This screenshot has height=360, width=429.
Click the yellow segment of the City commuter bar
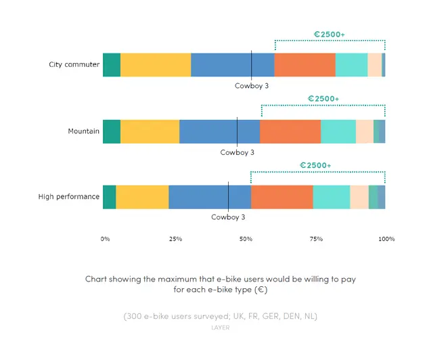[x=156, y=65]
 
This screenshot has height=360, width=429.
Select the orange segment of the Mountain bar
[x=290, y=131]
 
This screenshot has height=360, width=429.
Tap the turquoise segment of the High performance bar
[x=332, y=197]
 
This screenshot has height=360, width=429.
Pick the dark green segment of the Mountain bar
[x=112, y=131]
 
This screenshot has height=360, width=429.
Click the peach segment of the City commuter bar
[x=375, y=65]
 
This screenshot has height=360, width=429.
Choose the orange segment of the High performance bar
[x=282, y=197]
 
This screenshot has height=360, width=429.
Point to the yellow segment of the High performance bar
[x=142, y=197]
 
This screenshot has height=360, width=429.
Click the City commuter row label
[x=74, y=64]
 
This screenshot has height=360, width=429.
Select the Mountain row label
[x=83, y=131]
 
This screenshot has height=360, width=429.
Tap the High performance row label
[x=68, y=197]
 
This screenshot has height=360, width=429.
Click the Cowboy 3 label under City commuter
[x=252, y=86]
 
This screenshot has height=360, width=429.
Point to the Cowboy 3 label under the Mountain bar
[x=238, y=152]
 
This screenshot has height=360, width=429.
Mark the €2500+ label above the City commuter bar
[x=330, y=35]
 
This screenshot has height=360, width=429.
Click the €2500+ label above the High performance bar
[x=315, y=165]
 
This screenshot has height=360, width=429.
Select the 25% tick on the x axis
[x=175, y=239]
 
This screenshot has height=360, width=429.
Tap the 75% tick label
[x=316, y=239]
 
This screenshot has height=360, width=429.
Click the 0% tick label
[x=105, y=239]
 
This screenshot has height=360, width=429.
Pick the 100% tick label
[x=386, y=239]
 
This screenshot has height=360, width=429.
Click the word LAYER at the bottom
[x=220, y=328]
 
